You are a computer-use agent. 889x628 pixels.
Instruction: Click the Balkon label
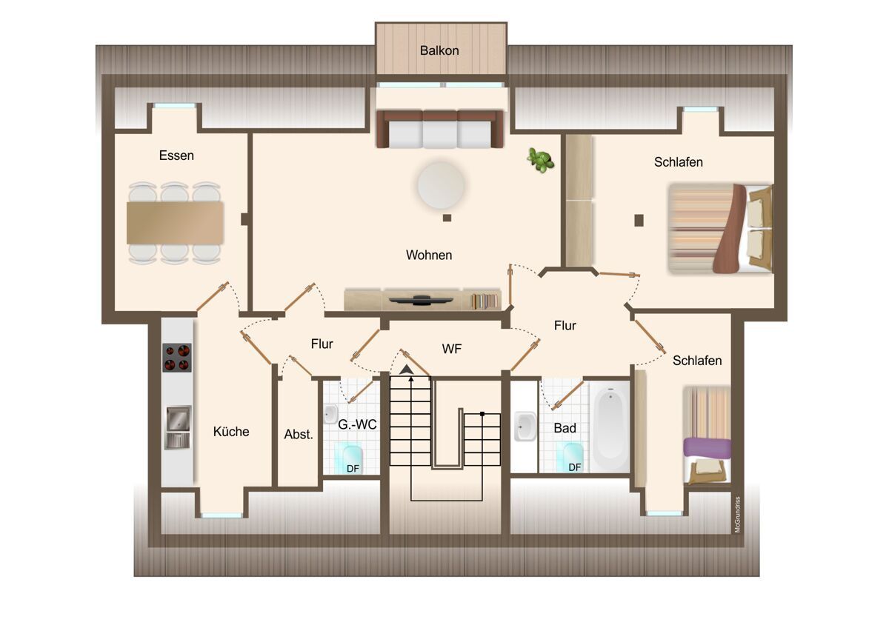(x=439, y=51)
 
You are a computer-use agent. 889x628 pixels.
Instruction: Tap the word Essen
(x=176, y=155)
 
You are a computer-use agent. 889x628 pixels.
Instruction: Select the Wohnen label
(x=429, y=255)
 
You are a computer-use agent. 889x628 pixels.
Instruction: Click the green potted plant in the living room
(x=541, y=160)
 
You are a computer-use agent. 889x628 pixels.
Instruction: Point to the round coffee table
(x=441, y=185)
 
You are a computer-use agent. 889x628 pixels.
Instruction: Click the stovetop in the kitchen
(x=177, y=358)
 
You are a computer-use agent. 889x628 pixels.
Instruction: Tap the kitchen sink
(x=178, y=427)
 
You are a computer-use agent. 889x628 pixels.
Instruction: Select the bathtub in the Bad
(x=610, y=427)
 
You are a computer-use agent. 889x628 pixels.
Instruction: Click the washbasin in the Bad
(x=525, y=427)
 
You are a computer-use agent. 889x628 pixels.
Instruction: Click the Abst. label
(x=299, y=435)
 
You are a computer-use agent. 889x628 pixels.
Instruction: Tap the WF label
(x=452, y=349)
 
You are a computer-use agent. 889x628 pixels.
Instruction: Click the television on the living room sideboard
(x=421, y=301)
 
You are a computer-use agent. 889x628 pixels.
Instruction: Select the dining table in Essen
(x=175, y=223)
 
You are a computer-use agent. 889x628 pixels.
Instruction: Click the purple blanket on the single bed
(x=707, y=448)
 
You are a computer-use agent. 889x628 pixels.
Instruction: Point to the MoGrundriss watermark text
(x=737, y=514)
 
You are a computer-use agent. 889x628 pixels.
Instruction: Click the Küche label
(x=231, y=432)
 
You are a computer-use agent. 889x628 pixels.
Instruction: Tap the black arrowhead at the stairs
(x=406, y=370)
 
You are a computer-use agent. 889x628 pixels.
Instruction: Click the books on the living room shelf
(x=484, y=301)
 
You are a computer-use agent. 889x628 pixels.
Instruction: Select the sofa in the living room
(x=440, y=130)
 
